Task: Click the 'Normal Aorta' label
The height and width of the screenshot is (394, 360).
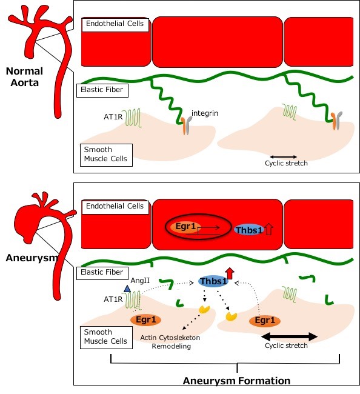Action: pyautogui.click(x=24, y=77)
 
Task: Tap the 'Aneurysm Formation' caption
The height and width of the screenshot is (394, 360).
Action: pyautogui.click(x=236, y=381)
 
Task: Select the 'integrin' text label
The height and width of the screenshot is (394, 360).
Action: pyautogui.click(x=205, y=113)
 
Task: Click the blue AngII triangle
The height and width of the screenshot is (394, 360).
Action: pyautogui.click(x=127, y=289)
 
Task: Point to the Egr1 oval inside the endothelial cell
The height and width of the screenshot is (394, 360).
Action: pyautogui.click(x=185, y=227)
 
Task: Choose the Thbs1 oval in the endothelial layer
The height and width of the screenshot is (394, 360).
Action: pyautogui.click(x=248, y=230)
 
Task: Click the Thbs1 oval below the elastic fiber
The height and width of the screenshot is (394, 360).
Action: pyautogui.click(x=213, y=281)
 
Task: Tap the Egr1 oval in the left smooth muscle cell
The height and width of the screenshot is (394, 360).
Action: pyautogui.click(x=145, y=320)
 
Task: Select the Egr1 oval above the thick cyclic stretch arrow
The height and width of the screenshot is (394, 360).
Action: pyautogui.click(x=265, y=321)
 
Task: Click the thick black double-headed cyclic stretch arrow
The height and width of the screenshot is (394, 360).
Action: pyautogui.click(x=290, y=336)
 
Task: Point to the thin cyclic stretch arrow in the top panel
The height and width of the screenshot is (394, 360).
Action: pyautogui.click(x=284, y=157)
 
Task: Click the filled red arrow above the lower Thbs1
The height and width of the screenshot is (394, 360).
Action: pyautogui.click(x=230, y=273)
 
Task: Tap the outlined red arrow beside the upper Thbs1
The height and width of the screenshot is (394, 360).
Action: pyautogui.click(x=269, y=229)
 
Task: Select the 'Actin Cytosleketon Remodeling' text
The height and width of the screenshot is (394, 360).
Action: pyautogui.click(x=170, y=342)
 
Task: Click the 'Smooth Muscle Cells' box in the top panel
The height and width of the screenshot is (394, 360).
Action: pyautogui.click(x=106, y=155)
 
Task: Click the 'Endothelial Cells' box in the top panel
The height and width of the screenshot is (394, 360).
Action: pyautogui.click(x=115, y=25)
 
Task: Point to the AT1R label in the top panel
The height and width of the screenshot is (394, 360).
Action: pyautogui.click(x=113, y=117)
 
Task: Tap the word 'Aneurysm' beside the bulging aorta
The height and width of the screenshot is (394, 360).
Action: pyautogui.click(x=32, y=258)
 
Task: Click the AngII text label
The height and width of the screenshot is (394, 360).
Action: pyautogui.click(x=140, y=281)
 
